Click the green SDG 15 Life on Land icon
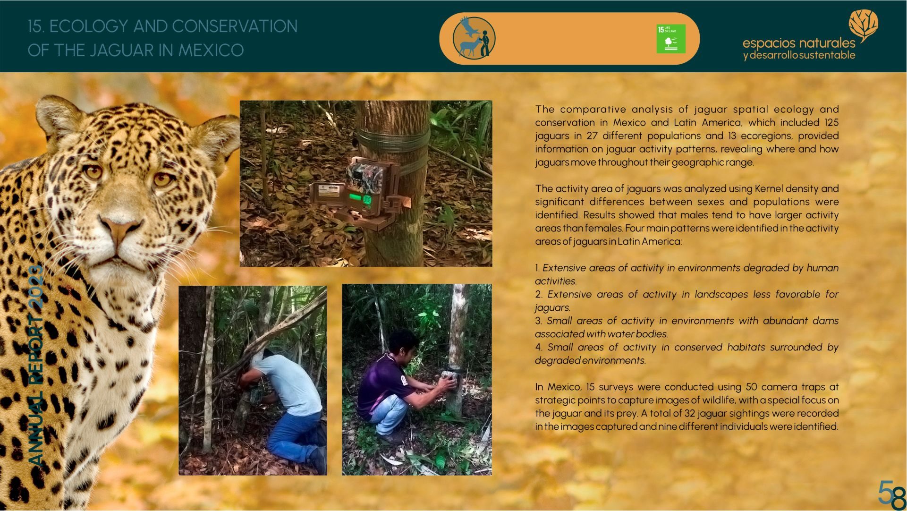click(670, 39)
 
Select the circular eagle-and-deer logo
click(474, 38)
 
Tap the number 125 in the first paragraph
click(831, 122)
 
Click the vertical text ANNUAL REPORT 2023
click(36, 366)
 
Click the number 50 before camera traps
click(752, 387)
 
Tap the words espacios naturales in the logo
click(799, 43)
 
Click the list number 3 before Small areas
click(538, 321)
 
